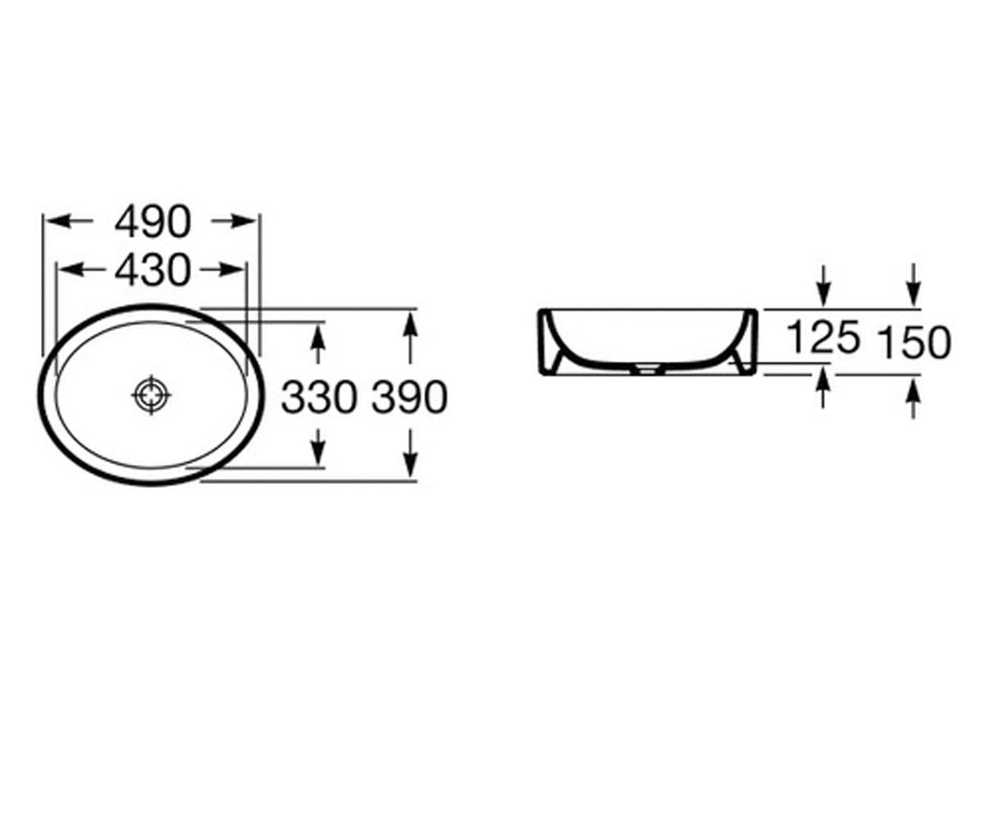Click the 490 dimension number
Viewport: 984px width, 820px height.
coord(153,221)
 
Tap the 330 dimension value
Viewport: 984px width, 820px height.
coord(319,397)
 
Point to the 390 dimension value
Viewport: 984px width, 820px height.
coord(409,397)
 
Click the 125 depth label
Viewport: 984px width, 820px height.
coord(823,337)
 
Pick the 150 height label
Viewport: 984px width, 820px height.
coord(914,343)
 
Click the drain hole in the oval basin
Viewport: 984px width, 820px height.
coord(151,395)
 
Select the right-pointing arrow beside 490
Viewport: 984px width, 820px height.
coord(233,221)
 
